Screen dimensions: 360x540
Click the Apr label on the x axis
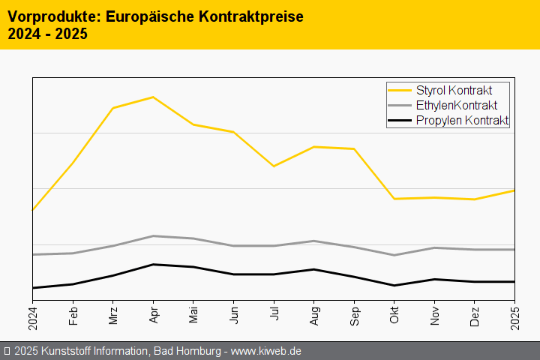pyautogui.click(x=153, y=315)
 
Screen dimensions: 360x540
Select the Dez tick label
pyautogui.click(x=475, y=315)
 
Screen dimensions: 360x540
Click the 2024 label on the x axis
pyautogui.click(x=33, y=318)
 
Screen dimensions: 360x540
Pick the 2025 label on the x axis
pyautogui.click(x=515, y=318)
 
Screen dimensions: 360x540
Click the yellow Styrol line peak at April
pyautogui.click(x=153, y=97)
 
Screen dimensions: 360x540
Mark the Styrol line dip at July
pyautogui.click(x=274, y=166)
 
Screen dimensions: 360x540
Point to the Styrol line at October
pyautogui.click(x=394, y=199)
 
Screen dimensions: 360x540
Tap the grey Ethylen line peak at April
pyautogui.click(x=153, y=236)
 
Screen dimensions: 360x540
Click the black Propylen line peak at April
pyautogui.click(x=153, y=264)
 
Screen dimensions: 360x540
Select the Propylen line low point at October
pyautogui.click(x=394, y=285)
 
